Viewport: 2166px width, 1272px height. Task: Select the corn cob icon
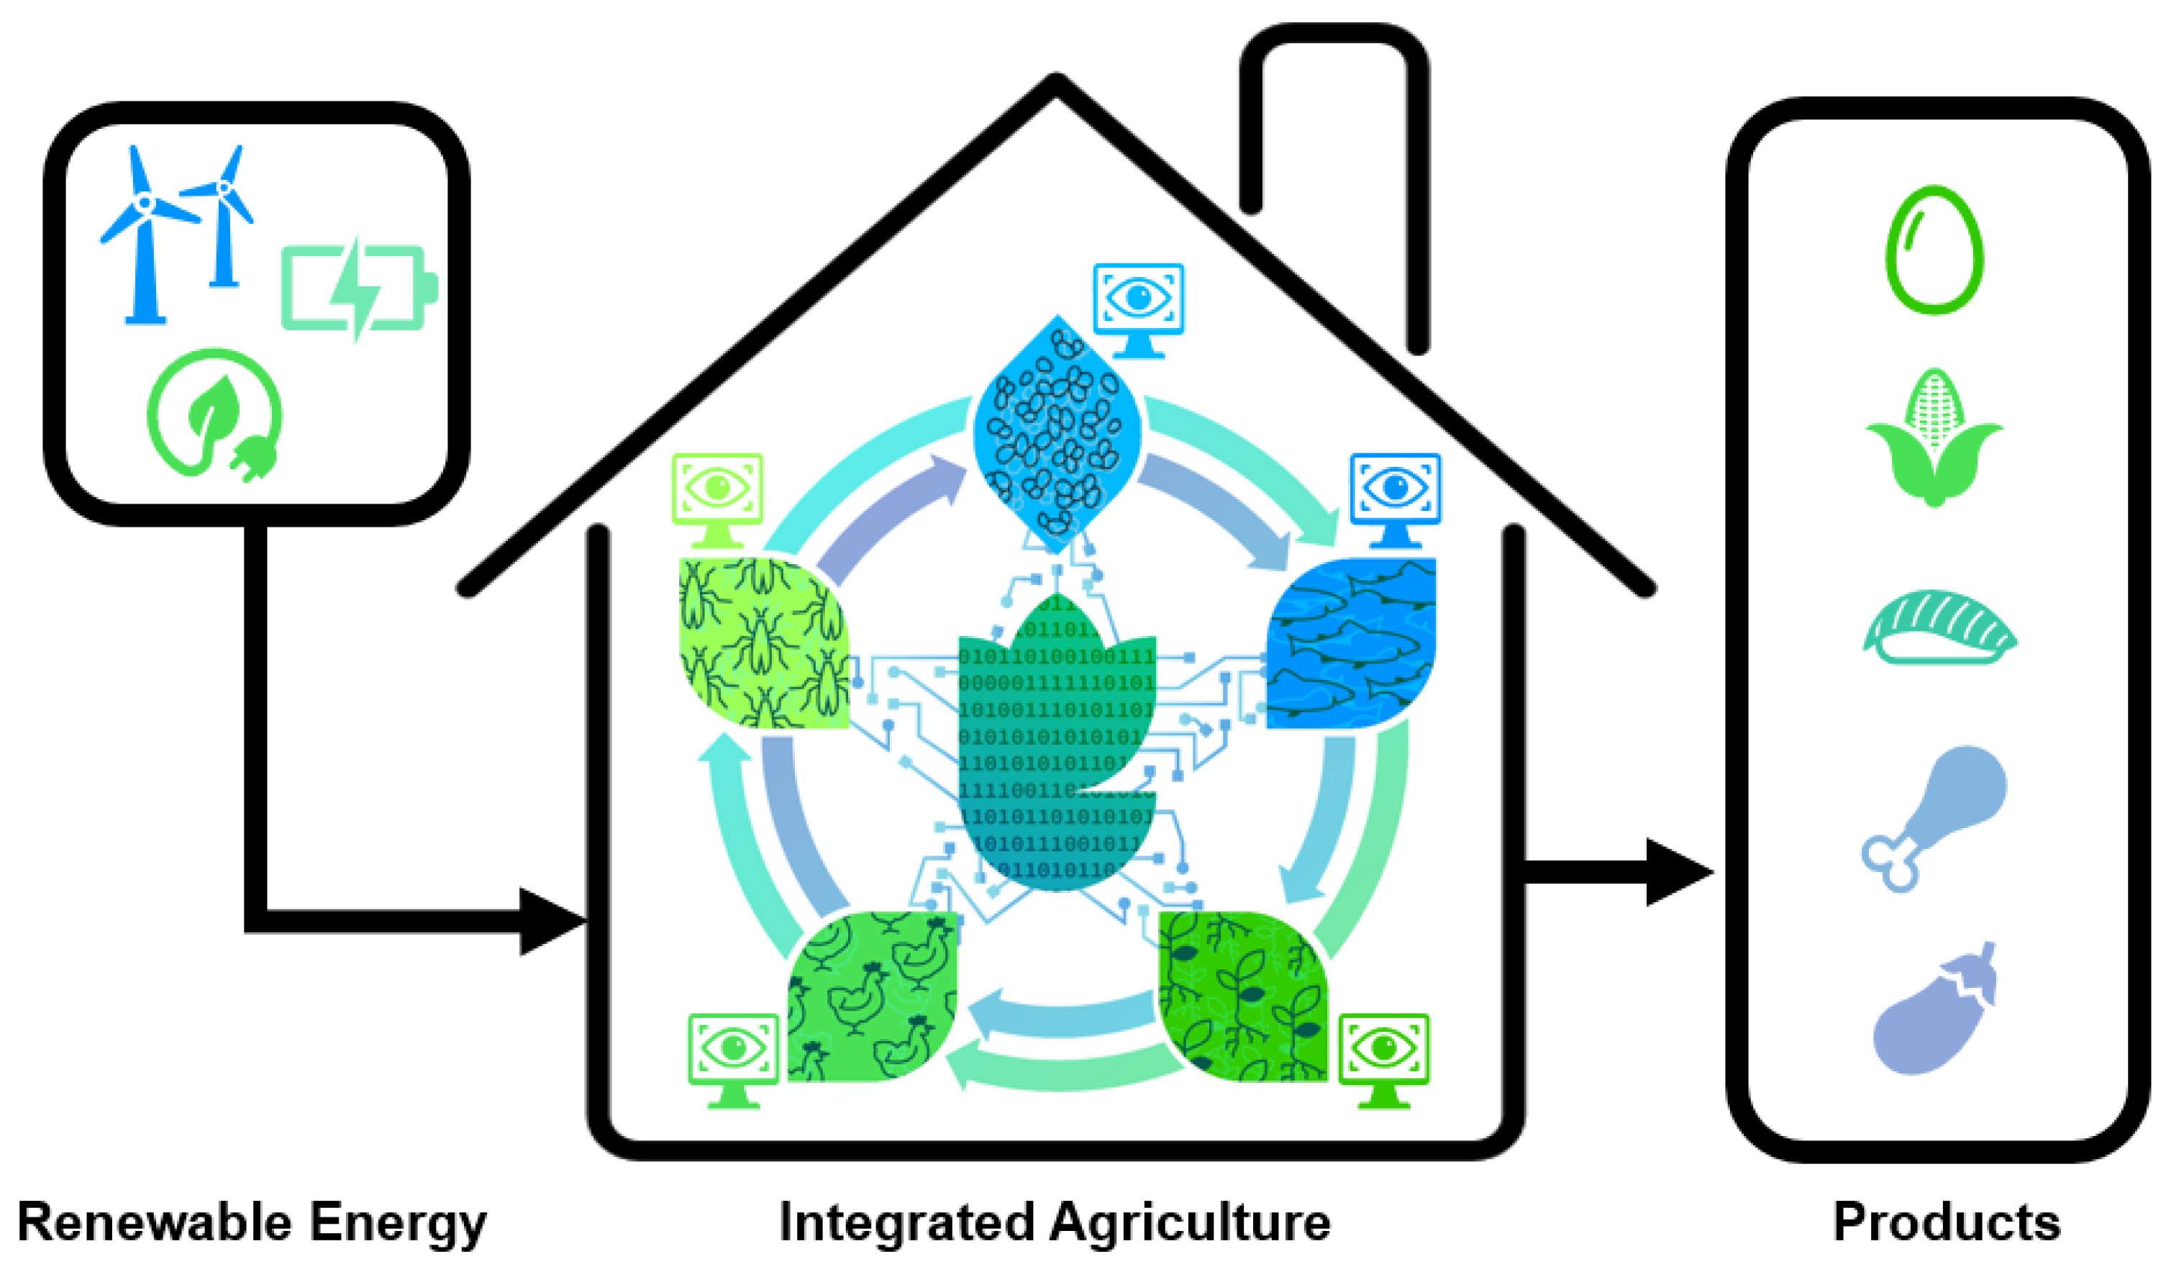coord(1934,438)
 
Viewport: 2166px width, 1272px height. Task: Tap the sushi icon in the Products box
coord(1938,627)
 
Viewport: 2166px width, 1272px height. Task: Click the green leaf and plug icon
coord(215,412)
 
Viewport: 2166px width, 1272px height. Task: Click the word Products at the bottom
coord(1947,1222)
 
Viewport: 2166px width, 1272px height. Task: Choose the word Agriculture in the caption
coord(1191,1222)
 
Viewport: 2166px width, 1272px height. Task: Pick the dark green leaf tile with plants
coord(1242,997)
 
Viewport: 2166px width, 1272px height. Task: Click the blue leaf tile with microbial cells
coord(1057,434)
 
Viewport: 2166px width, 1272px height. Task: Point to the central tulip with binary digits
coord(1057,748)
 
